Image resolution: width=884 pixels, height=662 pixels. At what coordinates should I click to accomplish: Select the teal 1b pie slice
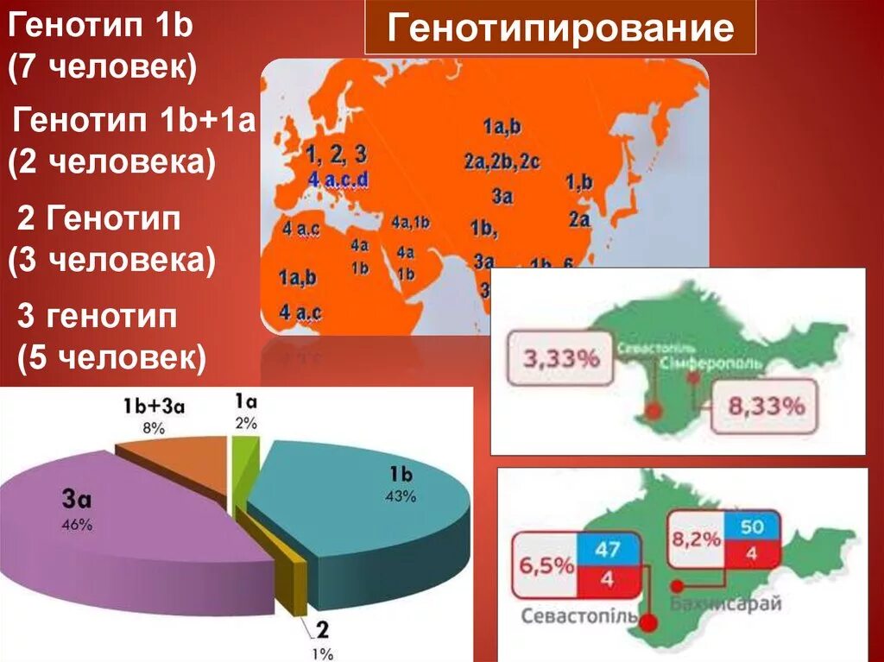coord(371,509)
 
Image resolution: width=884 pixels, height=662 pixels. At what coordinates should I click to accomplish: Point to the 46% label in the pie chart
coord(76,525)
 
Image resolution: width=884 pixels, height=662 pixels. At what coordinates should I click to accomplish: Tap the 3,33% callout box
coord(561,357)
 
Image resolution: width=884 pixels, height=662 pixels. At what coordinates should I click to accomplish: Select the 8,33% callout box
coord(767,406)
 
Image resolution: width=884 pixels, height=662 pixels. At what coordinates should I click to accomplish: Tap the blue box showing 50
coord(752,527)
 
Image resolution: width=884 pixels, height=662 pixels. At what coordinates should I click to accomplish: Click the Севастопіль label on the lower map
coord(579,617)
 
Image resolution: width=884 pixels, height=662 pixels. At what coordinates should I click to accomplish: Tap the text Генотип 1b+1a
coord(135,122)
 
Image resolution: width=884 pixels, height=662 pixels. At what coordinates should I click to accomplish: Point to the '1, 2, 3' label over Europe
coord(337,155)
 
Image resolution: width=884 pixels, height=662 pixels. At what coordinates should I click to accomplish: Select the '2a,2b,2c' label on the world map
coord(501,161)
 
